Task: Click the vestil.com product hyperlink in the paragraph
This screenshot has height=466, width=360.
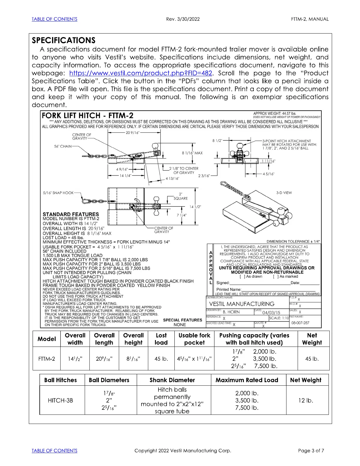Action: (x=141, y=73)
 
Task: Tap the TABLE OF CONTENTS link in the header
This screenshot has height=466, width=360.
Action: (x=54, y=19)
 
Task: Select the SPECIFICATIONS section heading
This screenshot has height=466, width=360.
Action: (x=64, y=40)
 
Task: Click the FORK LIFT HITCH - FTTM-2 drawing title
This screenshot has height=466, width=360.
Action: (x=88, y=115)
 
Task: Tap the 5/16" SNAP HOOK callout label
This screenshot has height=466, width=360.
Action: (x=58, y=193)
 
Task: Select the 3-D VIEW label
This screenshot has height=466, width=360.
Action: (x=284, y=193)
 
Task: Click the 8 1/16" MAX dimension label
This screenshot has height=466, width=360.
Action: (x=192, y=153)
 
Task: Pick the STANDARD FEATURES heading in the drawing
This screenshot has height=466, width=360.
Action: (x=71, y=214)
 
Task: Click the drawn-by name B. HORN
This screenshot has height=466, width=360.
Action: (x=231, y=312)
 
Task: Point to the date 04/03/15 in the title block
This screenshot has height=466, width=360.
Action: (x=271, y=312)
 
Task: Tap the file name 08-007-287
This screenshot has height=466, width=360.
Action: (x=300, y=323)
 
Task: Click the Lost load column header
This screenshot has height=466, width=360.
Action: (x=161, y=339)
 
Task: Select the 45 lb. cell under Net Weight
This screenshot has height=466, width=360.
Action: (x=311, y=359)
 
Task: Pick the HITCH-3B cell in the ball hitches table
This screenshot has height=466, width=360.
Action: (x=60, y=400)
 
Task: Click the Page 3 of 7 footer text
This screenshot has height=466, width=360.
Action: (x=311, y=451)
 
